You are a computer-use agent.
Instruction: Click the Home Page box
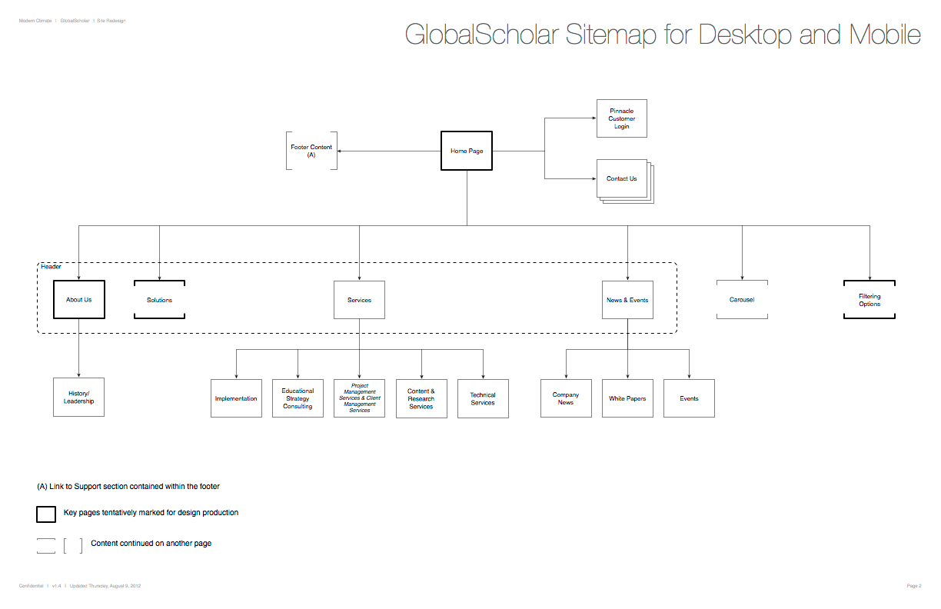tap(467, 151)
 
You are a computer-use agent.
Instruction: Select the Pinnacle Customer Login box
tap(621, 118)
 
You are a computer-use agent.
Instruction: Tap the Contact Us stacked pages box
tap(622, 179)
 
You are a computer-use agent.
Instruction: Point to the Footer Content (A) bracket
tap(311, 151)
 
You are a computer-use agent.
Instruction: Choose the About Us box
tap(78, 299)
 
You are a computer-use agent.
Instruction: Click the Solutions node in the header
tap(159, 300)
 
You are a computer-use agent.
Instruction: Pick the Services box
tap(359, 300)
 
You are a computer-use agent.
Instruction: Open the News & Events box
tap(627, 300)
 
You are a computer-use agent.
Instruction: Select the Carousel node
tap(742, 299)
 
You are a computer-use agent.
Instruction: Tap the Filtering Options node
tap(870, 300)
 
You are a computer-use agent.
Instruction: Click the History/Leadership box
tap(78, 397)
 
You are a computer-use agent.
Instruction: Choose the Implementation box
tap(236, 398)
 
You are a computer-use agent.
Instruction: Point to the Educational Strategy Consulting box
tap(298, 398)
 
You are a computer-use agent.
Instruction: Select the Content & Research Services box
tap(421, 398)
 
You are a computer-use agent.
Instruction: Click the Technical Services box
tap(483, 398)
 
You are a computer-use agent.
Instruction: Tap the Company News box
tap(566, 398)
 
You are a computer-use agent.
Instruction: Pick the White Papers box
tap(627, 398)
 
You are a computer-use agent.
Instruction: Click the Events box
tap(689, 398)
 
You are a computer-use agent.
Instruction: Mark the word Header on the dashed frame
tap(52, 267)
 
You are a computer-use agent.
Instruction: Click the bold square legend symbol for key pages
tap(46, 514)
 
